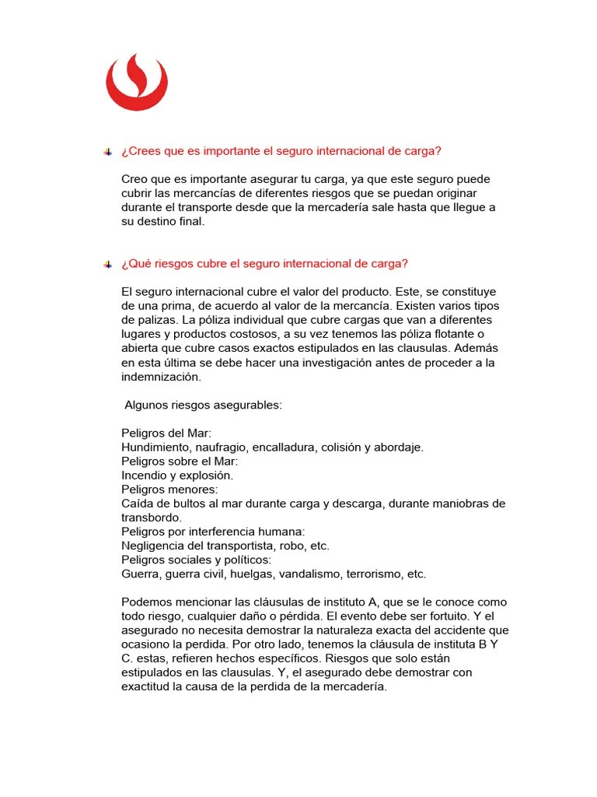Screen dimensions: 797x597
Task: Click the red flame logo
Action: click(x=137, y=82)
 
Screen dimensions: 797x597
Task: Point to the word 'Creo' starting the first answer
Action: click(x=134, y=179)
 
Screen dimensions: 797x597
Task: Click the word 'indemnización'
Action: click(x=161, y=376)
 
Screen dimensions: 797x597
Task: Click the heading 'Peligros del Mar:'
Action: click(x=166, y=433)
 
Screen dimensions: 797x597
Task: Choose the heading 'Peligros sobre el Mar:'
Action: click(x=174, y=461)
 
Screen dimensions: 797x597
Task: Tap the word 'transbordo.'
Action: click(x=152, y=518)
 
